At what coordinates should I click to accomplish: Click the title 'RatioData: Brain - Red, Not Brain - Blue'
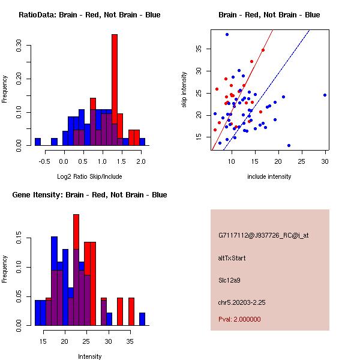tap(89, 14)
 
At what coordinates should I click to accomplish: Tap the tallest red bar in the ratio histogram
tap(114, 90)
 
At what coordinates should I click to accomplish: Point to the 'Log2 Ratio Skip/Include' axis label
tap(89, 176)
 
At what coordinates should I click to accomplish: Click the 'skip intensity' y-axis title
tap(185, 90)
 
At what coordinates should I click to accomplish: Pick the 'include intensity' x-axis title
tap(269, 176)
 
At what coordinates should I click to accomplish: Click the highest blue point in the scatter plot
tap(227, 34)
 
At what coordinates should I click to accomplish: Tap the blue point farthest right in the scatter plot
tap(325, 95)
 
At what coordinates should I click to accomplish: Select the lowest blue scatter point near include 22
tap(289, 145)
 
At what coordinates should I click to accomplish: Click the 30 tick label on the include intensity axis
tap(325, 161)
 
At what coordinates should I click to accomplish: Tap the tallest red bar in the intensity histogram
tap(76, 270)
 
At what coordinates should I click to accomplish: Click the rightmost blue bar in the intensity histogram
tap(142, 319)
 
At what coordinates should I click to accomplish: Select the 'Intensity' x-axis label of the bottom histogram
tap(89, 356)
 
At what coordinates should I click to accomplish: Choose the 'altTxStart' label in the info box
tap(232, 258)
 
